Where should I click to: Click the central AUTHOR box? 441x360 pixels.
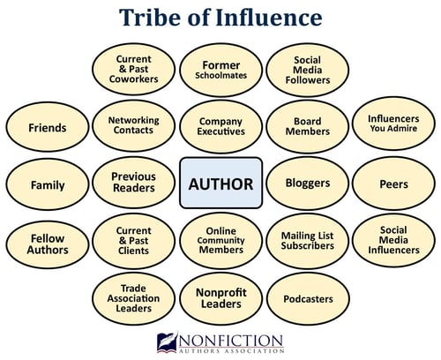tap(220, 183)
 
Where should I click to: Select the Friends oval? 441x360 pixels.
tap(48, 127)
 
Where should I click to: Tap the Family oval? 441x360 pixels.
tap(48, 184)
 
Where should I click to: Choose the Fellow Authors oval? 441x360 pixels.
tap(48, 244)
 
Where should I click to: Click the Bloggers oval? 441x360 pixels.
tap(308, 184)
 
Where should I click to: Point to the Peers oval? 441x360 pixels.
tap(393, 184)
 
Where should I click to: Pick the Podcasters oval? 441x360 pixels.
tap(308, 298)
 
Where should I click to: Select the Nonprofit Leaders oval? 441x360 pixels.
tap(220, 298)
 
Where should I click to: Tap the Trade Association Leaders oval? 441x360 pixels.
tap(133, 298)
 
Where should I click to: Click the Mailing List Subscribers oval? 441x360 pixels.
tap(308, 241)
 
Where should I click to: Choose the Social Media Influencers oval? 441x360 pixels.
tap(393, 240)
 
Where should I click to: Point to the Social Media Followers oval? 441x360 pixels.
tap(308, 70)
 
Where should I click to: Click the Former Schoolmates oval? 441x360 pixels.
tap(220, 70)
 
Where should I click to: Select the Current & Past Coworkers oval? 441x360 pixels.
tap(133, 69)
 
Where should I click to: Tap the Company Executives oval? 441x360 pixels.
tap(220, 126)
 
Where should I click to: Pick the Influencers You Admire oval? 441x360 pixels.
tap(393, 124)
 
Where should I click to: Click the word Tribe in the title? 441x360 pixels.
tap(149, 18)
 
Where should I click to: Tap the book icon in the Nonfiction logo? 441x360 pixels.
tap(167, 342)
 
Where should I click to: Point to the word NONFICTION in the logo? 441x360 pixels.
tap(231, 341)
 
